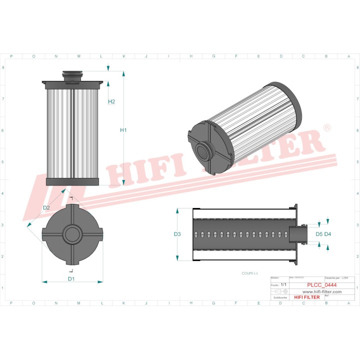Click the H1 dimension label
123,130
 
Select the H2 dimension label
111,101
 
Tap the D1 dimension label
71,278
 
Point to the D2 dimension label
46,207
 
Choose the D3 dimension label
177,234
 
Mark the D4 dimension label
327,234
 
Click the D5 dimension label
318,234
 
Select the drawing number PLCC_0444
321,285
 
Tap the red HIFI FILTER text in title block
306,297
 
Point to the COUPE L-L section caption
249,273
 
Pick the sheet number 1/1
283,284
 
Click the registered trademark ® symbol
327,128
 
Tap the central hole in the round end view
72,234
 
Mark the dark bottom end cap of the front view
72,182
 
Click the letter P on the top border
11,56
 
